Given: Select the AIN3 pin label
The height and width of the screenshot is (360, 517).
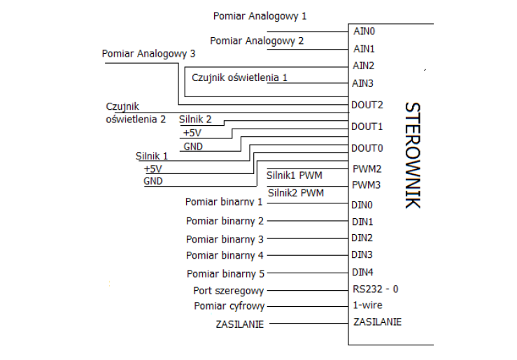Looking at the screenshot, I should coord(364,83).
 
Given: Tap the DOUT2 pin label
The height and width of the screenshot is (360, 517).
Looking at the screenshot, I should coord(367,105).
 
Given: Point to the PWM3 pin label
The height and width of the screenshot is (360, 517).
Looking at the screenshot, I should coord(367,186).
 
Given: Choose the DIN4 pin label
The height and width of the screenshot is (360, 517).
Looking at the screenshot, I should coord(362,272).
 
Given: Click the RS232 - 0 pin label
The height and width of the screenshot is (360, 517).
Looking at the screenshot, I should coord(376,289).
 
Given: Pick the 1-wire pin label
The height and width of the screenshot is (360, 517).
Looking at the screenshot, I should coord(368,305).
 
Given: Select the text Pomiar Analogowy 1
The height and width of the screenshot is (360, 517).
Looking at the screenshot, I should coord(259,15).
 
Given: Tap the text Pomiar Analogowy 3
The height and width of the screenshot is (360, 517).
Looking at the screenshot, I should coord(148,53).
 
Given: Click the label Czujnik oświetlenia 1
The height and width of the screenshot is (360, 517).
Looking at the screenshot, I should coord(239,78).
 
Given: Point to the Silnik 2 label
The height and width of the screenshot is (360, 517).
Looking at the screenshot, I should coord(195,120).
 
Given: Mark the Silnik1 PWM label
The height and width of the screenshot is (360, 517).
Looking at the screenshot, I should coord(295,174).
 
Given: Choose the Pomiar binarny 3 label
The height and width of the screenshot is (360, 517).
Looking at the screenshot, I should coord(225,239).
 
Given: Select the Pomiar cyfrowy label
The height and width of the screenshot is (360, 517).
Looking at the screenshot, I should coord(229,306).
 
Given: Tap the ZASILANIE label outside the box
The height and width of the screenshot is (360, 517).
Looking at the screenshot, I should coord(239,324).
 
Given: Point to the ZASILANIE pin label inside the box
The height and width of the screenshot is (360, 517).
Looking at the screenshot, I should coord(378,322).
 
